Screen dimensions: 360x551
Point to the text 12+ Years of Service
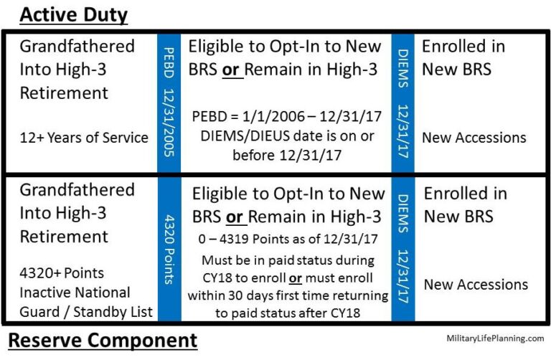(84, 138)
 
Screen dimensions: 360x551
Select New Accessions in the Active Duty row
(474, 138)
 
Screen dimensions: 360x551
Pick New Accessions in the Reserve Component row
(476, 285)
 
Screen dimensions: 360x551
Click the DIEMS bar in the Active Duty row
(402, 100)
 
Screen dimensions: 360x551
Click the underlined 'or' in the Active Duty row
(250, 70)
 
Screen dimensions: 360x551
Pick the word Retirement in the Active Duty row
(64, 93)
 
